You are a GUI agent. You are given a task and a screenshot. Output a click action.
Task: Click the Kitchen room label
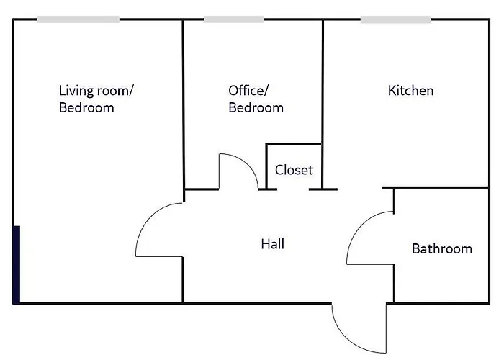coord(410,91)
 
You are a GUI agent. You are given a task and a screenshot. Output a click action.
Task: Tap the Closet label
coord(294,170)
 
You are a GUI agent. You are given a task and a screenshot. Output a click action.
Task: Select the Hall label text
coord(272,244)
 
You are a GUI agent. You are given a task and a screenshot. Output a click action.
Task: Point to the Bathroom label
coord(441,249)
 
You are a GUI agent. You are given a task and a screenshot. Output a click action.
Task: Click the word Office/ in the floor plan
coord(248,91)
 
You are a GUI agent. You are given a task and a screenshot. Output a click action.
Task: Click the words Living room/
coord(96,91)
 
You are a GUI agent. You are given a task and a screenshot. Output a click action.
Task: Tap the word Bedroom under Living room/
coord(86,108)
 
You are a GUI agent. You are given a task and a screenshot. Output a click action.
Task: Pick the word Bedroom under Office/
coord(256,108)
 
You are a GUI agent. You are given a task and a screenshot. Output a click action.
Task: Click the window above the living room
coord(78,19)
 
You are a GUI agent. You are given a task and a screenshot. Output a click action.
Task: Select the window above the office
coord(223,19)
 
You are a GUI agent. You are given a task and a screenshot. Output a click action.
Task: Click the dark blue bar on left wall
coord(17,264)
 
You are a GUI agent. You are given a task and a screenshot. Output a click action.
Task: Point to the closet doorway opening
coord(294,189)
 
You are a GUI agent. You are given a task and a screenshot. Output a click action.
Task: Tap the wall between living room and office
coord(184,101)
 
